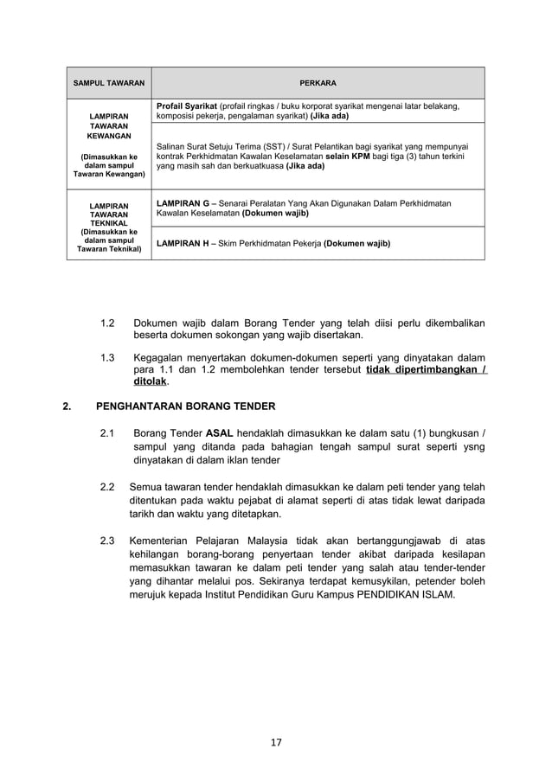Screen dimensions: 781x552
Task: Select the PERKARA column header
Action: coord(318,83)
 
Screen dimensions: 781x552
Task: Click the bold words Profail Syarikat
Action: coord(187,106)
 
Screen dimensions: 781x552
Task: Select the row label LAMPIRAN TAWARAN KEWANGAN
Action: coord(109,125)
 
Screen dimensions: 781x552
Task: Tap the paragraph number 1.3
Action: coord(108,358)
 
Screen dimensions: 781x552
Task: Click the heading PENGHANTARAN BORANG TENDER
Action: coord(185,405)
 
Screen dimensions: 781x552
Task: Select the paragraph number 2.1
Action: coord(108,432)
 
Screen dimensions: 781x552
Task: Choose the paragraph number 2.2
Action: coord(108,487)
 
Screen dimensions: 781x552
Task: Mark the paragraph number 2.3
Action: coord(108,541)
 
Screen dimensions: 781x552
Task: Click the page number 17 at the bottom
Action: coord(276,741)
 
